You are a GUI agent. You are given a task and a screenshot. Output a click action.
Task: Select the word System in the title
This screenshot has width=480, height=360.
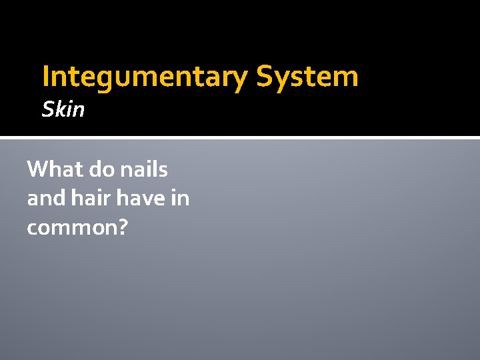point(307,77)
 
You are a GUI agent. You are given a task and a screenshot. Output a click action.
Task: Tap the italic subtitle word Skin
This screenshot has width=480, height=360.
point(63,109)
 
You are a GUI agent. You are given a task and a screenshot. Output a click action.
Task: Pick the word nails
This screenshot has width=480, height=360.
point(145,169)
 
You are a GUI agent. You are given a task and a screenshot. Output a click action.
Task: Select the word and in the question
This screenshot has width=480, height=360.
point(44,198)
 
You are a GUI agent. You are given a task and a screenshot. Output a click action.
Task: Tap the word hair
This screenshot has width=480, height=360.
point(87,198)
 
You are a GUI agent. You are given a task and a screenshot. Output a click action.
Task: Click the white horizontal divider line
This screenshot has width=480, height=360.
point(240,138)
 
